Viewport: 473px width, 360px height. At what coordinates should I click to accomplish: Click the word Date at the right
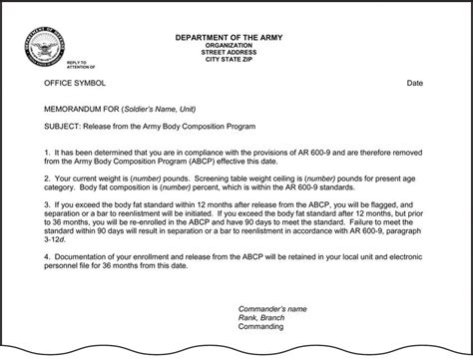click(x=414, y=83)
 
